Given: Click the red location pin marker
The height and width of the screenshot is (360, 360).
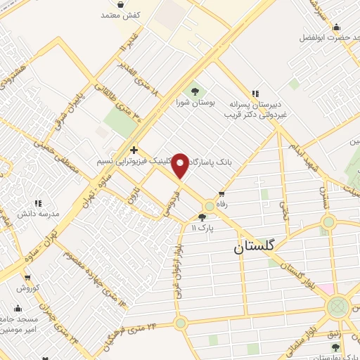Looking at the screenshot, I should point(181,166).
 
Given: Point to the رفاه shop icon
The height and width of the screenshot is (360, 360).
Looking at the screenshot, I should point(222,193).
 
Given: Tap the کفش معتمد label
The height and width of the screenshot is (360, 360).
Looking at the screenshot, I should point(122,15).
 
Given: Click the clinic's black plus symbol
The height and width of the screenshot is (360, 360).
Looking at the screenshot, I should point(134,149).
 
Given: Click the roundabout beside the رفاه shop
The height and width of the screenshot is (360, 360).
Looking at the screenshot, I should point(209,206).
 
